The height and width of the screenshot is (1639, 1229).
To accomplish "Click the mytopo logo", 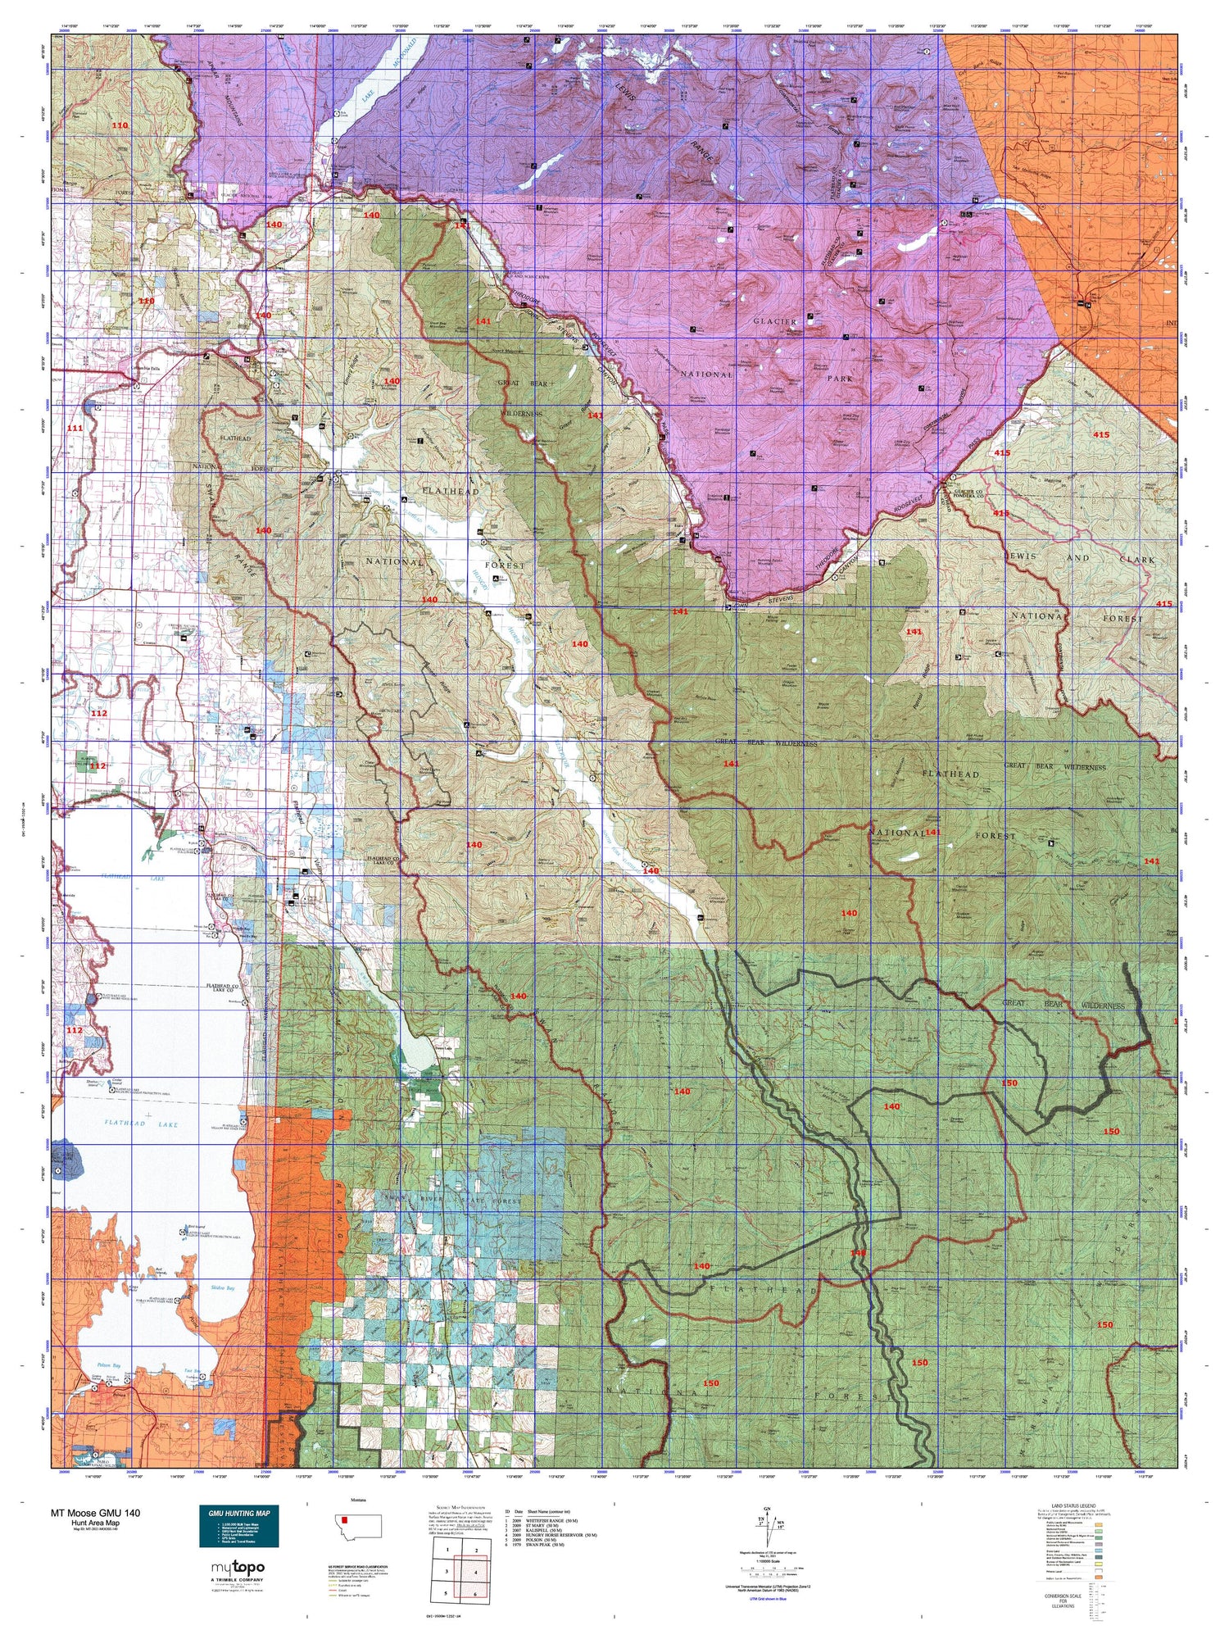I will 238,1568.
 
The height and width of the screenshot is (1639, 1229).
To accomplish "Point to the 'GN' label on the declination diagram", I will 767,1508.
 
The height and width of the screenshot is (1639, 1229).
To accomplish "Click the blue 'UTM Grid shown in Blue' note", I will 767,1599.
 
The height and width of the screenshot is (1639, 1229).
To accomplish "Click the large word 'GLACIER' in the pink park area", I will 774,321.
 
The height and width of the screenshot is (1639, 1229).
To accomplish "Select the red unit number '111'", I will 75,429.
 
